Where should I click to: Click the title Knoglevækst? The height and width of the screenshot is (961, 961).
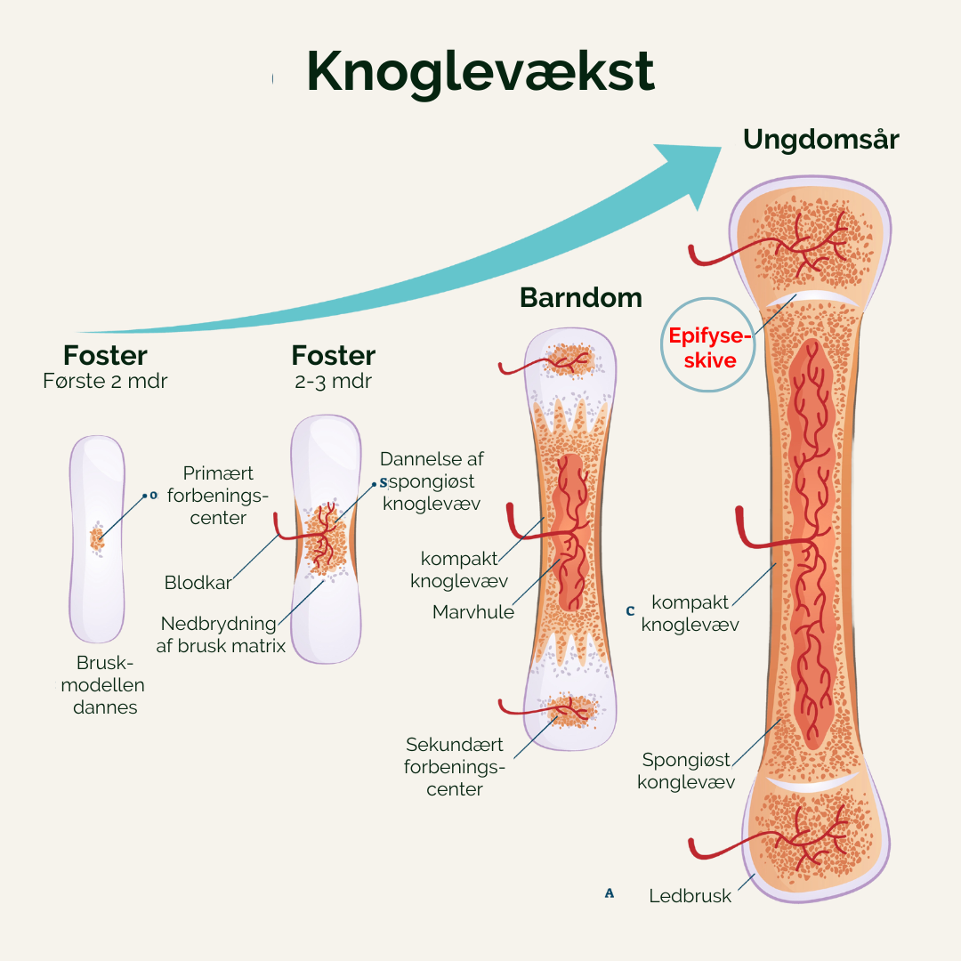480,71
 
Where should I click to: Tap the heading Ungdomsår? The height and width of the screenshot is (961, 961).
820,140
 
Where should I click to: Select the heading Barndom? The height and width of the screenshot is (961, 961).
580,297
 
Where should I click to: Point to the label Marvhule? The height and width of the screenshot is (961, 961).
472,612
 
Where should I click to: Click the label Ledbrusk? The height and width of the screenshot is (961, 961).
690,896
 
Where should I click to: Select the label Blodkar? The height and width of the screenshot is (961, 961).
198,583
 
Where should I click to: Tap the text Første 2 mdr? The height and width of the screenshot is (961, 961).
105,381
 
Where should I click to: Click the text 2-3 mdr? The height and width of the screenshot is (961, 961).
333,381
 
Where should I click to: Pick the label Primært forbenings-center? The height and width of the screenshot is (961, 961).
218,496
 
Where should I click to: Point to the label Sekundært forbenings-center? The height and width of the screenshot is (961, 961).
455,766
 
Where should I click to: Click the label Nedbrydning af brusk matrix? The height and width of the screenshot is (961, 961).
221,634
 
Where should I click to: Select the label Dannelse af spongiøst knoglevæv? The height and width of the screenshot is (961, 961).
432,481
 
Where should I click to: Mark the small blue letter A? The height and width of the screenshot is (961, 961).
610,893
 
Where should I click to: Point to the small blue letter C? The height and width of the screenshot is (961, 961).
630,611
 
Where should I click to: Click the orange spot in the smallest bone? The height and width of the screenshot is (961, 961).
96,538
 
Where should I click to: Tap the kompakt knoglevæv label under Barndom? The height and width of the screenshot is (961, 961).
458,569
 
